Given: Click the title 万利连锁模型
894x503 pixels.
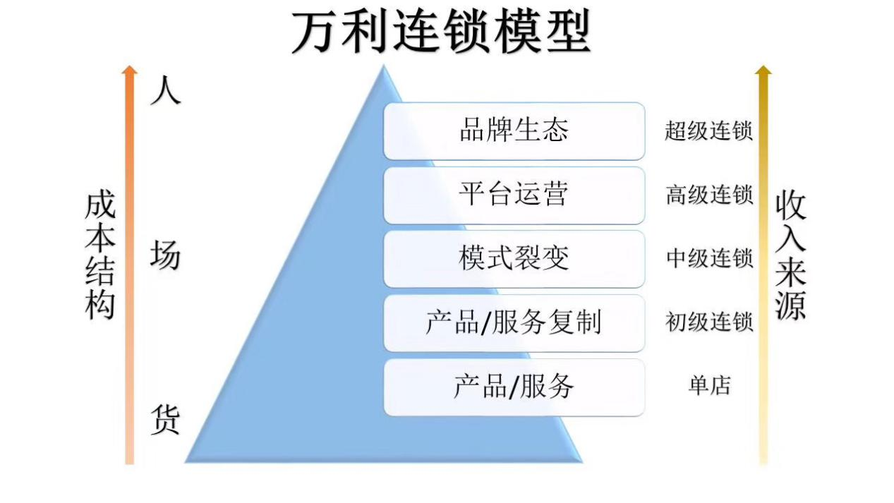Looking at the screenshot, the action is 440,32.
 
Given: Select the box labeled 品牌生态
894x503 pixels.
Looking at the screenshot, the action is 514,131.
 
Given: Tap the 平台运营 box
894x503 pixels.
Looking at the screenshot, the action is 514,195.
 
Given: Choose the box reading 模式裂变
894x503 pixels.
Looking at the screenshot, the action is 514,259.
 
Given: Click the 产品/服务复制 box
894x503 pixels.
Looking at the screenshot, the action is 514,323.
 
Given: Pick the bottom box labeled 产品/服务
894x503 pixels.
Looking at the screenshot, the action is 514,387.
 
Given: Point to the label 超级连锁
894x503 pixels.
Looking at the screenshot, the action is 708,131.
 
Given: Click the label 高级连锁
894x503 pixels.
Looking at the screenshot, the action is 708,195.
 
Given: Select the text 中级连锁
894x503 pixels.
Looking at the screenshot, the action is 708,259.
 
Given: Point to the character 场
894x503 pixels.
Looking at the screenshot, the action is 165,255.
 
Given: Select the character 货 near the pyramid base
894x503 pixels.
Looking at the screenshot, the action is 165,420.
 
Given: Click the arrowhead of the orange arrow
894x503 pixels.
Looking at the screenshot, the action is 129,70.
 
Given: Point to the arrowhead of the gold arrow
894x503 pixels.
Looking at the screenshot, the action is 763,70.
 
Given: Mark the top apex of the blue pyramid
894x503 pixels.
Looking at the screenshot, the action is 383,67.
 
